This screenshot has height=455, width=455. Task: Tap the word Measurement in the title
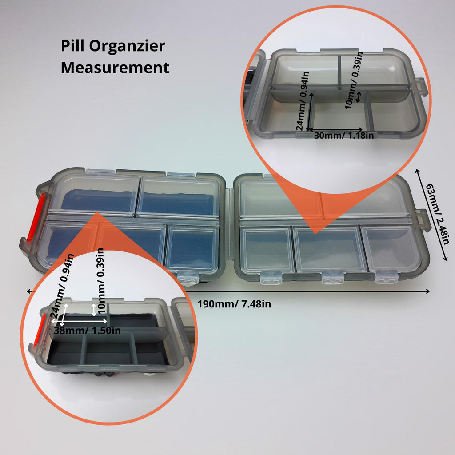click(115, 68)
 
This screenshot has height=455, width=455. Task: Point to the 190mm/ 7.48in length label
click(234, 304)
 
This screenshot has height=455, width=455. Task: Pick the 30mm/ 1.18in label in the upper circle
click(343, 135)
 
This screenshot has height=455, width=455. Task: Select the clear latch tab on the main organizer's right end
click(423, 220)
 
